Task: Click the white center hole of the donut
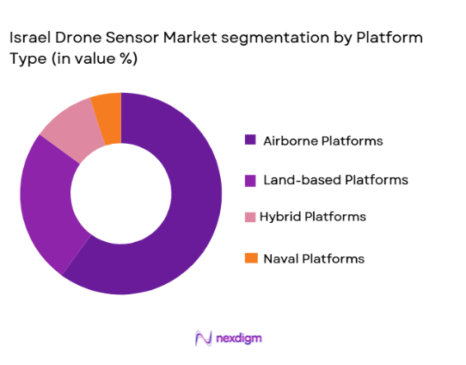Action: pos(120,194)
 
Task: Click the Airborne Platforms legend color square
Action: pos(250,140)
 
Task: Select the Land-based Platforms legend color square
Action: pos(250,180)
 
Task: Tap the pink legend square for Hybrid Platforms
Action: pos(250,217)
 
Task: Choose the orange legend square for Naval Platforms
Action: pos(250,258)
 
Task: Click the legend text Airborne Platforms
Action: pos(323,140)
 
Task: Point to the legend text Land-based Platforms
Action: pos(336,180)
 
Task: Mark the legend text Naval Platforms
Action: pos(315,258)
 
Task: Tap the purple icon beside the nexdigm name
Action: pos(204,337)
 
